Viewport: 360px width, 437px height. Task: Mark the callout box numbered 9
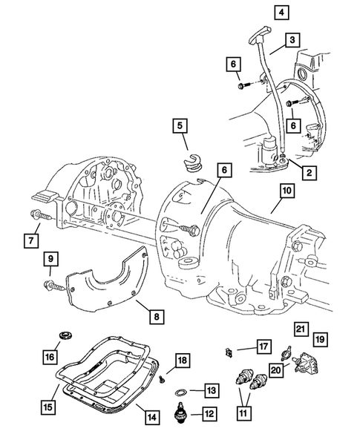(x=51, y=260)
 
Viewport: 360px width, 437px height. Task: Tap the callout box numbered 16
(x=50, y=358)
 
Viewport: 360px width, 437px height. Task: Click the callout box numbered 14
(x=151, y=418)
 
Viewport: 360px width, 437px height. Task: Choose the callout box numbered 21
(x=300, y=329)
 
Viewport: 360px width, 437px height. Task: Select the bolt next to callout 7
(x=42, y=217)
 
